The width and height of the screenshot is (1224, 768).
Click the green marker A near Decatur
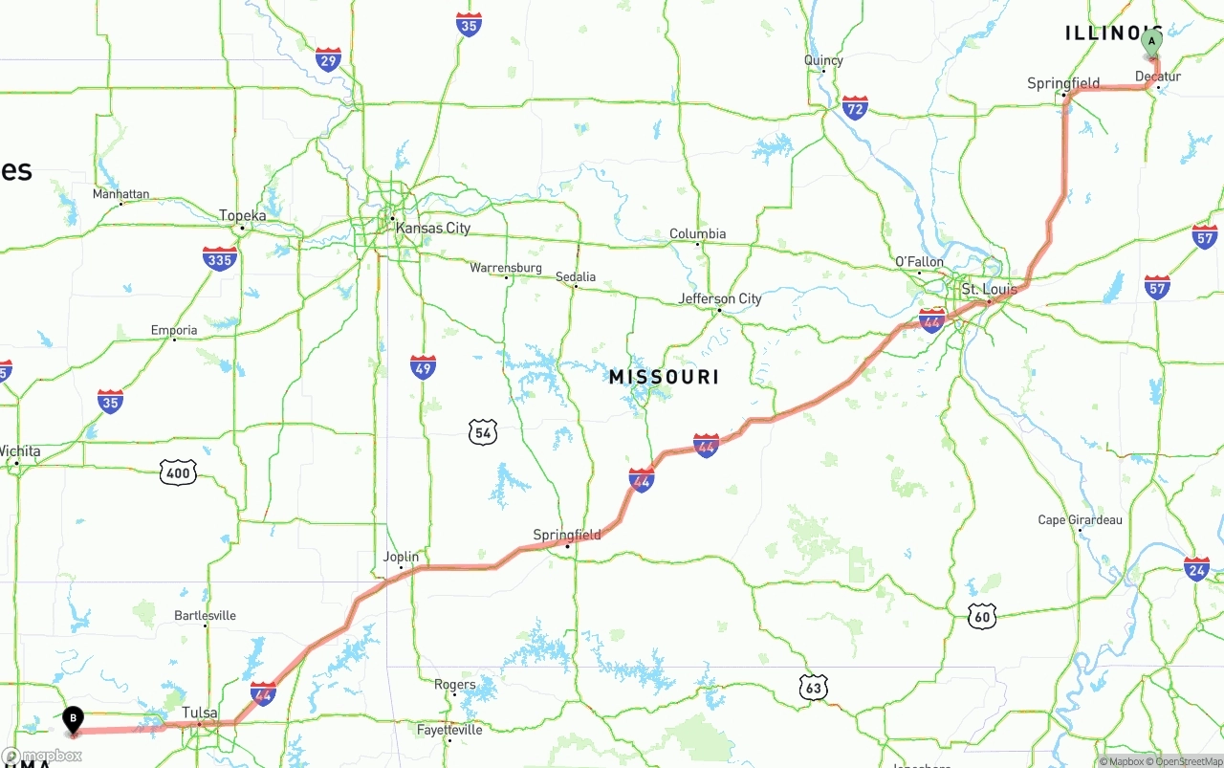coord(1151,42)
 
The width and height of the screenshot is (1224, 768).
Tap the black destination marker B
coord(73,719)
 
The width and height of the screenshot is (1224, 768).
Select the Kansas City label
coord(432,229)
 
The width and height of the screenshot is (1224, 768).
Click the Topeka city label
coord(242,216)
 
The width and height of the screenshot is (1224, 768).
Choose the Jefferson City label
coord(720,299)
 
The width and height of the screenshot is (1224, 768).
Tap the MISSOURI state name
coord(664,377)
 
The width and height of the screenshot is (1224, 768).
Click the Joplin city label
coord(401,557)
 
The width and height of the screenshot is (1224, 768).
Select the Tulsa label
coord(200,713)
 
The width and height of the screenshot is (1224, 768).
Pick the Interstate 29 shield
coord(328,59)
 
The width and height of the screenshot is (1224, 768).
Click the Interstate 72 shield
coord(855,107)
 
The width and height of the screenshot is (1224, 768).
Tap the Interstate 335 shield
coord(220,258)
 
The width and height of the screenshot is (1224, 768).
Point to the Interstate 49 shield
coord(423,367)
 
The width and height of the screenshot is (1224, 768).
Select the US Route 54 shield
coord(483,432)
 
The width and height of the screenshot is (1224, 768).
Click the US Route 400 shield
coord(178,471)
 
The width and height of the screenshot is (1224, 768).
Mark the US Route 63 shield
coord(813,686)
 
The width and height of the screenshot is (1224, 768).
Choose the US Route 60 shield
coord(981,616)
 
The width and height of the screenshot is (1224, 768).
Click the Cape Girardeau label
coord(1080,520)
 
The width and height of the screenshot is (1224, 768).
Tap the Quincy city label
coord(823,60)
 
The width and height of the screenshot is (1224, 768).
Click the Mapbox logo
coord(42,756)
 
